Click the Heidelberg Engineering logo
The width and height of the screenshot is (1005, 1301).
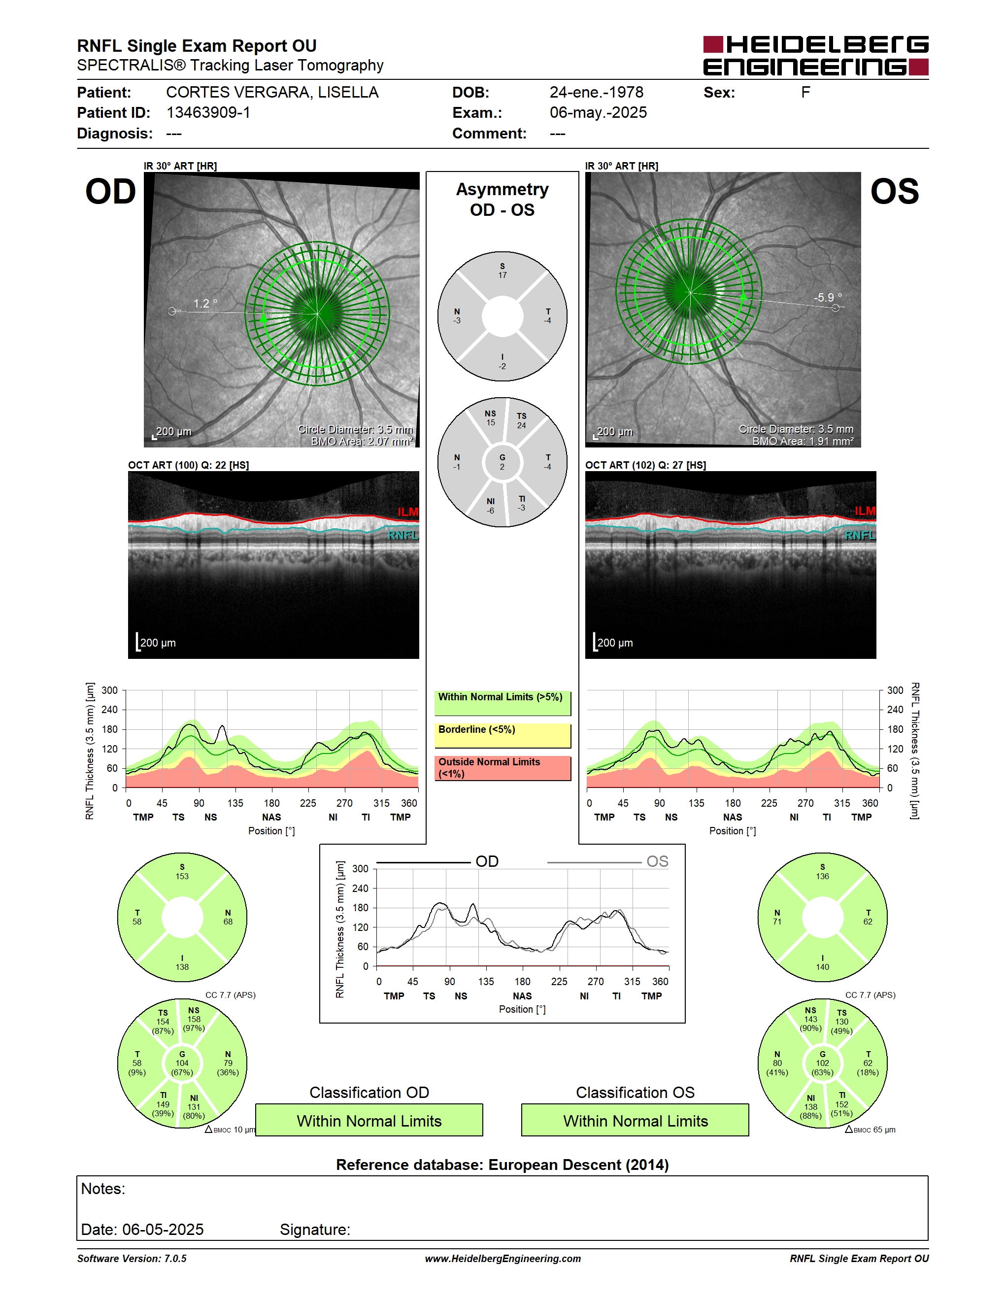point(816,55)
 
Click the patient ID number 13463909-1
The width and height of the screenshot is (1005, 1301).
point(208,112)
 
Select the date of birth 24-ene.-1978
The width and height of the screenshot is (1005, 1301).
point(597,92)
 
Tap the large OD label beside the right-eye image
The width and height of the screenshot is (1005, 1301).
point(111,192)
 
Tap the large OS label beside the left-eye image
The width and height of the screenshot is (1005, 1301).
point(894,192)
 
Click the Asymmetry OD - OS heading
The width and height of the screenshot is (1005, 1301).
point(502,200)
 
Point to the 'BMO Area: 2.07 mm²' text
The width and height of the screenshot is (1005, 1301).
point(362,442)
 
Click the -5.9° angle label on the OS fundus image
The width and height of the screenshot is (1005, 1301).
point(828,297)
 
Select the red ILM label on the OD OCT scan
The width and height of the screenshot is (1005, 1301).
point(408,512)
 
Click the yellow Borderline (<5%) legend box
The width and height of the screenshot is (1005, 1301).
point(502,736)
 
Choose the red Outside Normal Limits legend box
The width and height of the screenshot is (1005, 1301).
point(502,768)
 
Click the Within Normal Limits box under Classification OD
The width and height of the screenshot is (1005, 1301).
point(369,1121)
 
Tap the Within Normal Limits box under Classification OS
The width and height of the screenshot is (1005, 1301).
point(636,1121)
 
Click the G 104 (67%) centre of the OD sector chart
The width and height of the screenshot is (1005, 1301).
point(182,1063)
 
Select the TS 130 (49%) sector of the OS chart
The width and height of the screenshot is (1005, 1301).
point(842,1022)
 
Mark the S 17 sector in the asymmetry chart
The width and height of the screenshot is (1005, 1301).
point(502,271)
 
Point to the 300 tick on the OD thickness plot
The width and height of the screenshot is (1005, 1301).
point(109,690)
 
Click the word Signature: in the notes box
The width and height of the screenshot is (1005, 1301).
point(315,1230)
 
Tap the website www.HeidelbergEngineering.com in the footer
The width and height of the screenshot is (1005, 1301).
point(502,1259)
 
